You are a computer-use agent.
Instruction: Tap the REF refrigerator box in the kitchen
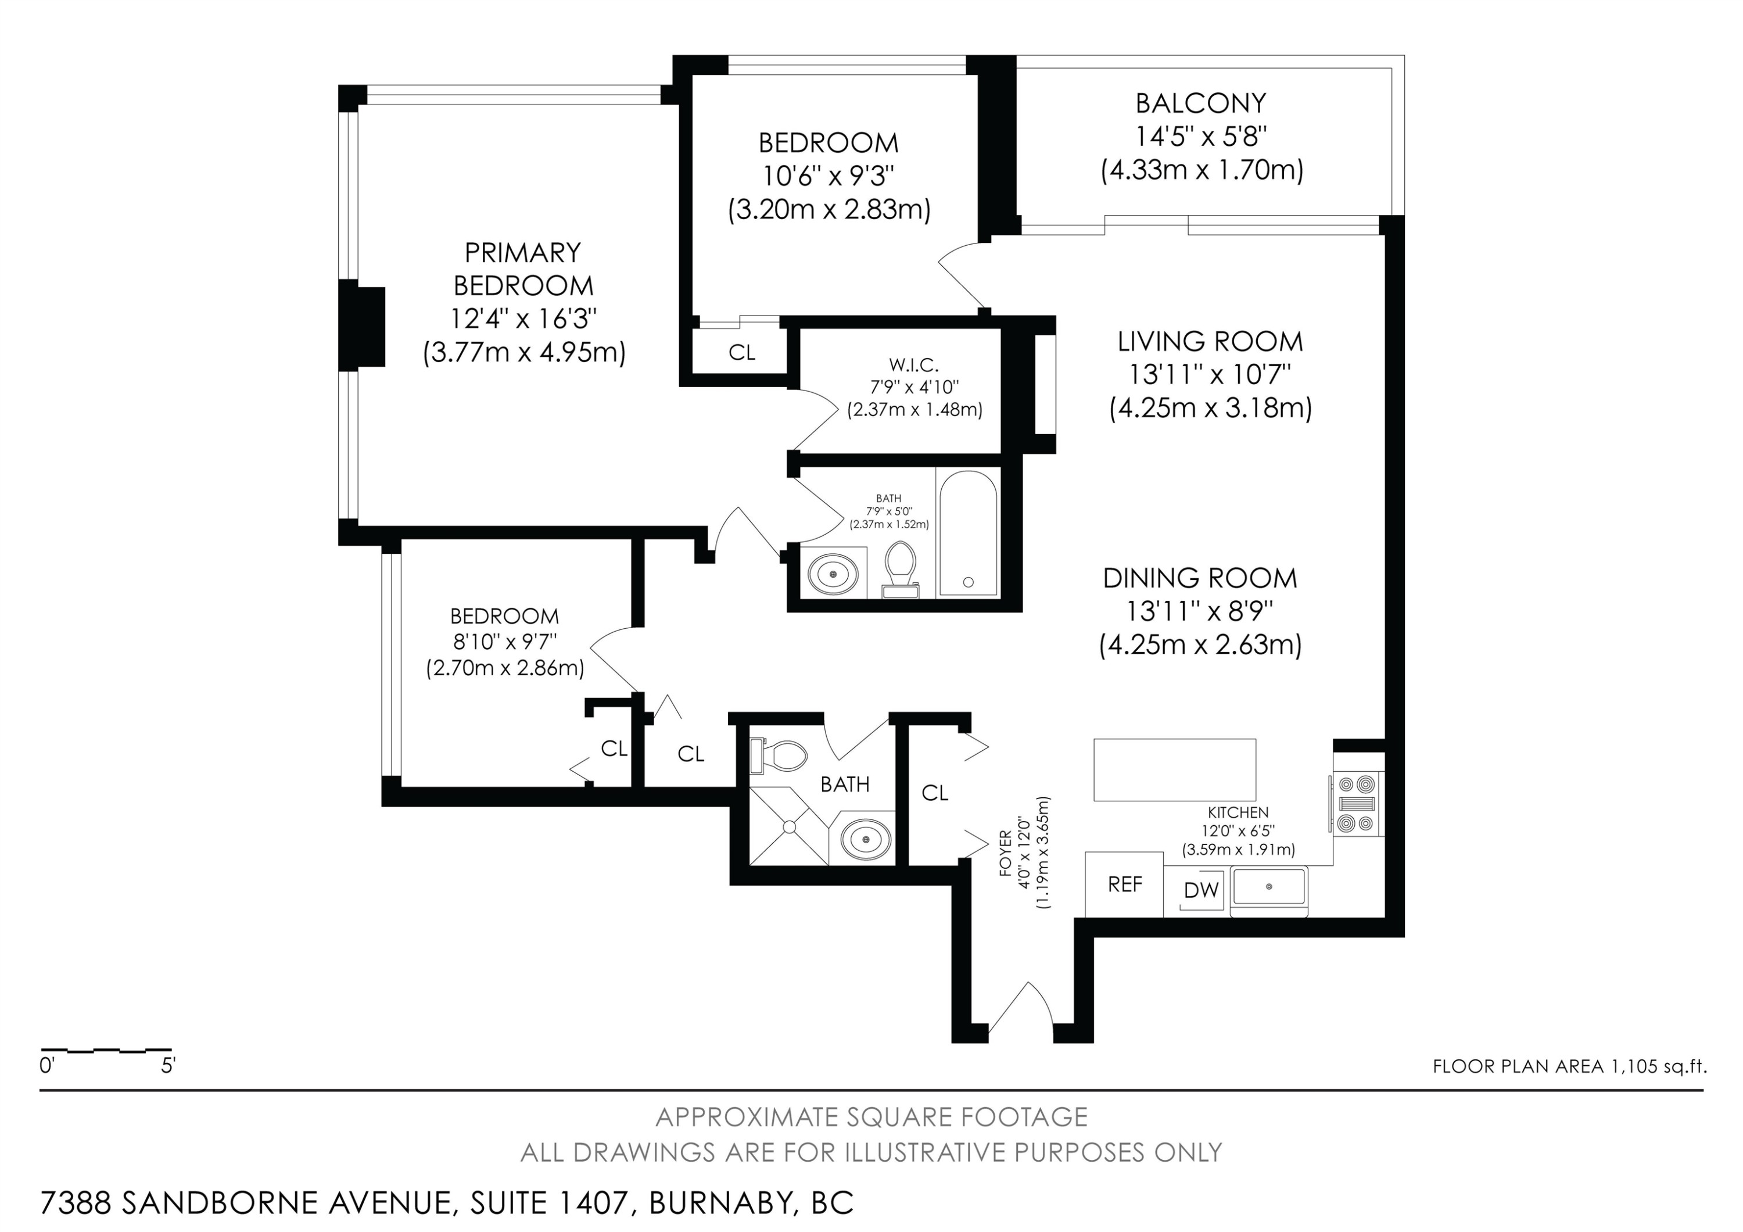1124,884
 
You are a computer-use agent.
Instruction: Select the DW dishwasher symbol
1201,890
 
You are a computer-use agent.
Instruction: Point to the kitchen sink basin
1268,887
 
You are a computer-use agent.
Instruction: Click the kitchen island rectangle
1174,770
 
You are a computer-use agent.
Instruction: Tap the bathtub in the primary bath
968,533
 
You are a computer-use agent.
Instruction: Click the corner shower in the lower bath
789,826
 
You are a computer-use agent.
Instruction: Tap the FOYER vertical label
1005,853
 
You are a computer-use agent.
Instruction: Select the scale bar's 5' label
168,1066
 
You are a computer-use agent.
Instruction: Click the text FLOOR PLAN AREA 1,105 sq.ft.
1570,1066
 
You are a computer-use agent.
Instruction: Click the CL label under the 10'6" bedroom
742,353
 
